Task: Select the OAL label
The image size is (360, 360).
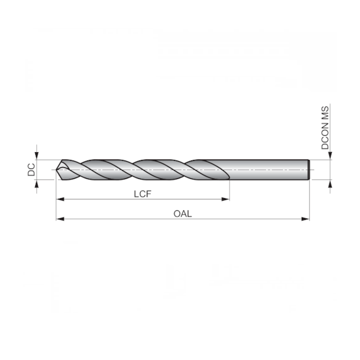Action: coord(183,214)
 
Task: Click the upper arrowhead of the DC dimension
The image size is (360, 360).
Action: coord(37,155)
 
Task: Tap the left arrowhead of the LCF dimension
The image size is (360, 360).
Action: coord(60,198)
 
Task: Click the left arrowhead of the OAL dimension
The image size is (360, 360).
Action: coord(60,219)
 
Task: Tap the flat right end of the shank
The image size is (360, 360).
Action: coord(308,169)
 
